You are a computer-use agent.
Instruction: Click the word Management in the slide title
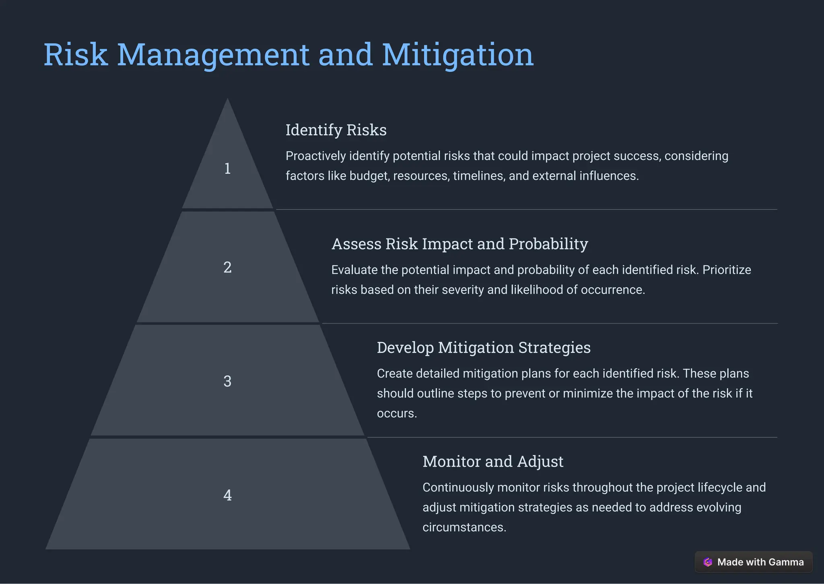pyautogui.click(x=213, y=56)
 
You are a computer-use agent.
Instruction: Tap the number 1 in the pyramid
pyautogui.click(x=227, y=169)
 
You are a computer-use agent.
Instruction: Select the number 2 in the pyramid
pyautogui.click(x=227, y=267)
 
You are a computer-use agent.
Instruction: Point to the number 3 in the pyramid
pyautogui.click(x=227, y=381)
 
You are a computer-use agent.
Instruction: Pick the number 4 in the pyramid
pyautogui.click(x=227, y=495)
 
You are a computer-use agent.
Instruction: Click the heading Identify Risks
pyautogui.click(x=336, y=130)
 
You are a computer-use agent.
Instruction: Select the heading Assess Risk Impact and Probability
pyautogui.click(x=459, y=244)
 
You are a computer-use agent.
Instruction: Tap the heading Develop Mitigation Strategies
pyautogui.click(x=484, y=348)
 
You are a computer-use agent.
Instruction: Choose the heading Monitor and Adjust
pyautogui.click(x=493, y=462)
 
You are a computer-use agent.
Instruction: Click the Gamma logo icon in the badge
pyautogui.click(x=708, y=562)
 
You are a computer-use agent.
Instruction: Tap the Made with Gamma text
pyautogui.click(x=760, y=562)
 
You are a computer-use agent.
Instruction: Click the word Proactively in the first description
pyautogui.click(x=315, y=156)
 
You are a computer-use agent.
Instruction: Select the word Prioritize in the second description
pyautogui.click(x=727, y=270)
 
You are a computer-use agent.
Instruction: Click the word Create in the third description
pyautogui.click(x=395, y=374)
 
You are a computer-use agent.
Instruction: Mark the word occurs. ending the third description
pyautogui.click(x=397, y=413)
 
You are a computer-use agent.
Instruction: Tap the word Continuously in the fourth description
pyautogui.click(x=458, y=487)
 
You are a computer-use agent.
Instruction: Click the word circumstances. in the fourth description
pyautogui.click(x=464, y=527)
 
